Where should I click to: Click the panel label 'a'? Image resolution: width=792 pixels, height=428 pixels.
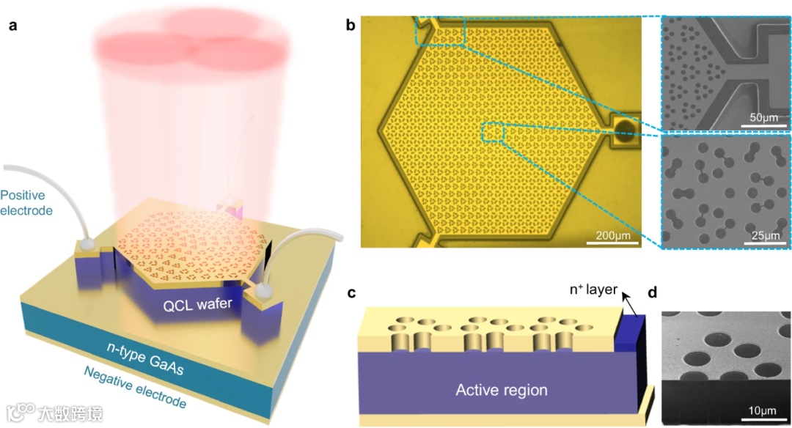pos(12,27)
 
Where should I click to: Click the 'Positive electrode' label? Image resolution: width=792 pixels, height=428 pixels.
pos(26,203)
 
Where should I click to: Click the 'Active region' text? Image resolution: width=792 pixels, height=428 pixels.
pos(502,390)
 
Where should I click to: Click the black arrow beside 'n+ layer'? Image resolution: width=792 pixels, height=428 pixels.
pos(628,301)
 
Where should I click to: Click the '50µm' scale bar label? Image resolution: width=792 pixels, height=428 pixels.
pos(763,118)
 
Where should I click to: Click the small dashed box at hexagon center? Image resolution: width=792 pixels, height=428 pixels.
pos(492,133)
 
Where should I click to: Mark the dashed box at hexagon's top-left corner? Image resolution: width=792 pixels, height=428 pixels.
pos(440,31)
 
